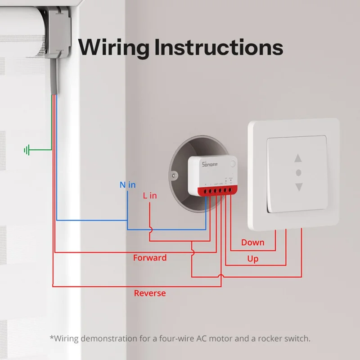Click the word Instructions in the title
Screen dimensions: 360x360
coord(219,47)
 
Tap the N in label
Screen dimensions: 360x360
coord(127,184)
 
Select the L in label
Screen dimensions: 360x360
coord(150,196)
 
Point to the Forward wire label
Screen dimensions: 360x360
coord(150,258)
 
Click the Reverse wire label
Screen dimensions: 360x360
coord(150,293)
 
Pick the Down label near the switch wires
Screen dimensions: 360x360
coord(252,243)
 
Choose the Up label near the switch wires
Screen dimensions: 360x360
coord(252,259)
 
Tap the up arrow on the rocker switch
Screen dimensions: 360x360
coord(298,158)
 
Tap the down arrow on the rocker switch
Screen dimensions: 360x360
coord(298,186)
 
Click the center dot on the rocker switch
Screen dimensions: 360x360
coord(298,172)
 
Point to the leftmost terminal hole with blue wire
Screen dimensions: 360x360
coord(206,192)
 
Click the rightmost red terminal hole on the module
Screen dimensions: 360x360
coord(231,190)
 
